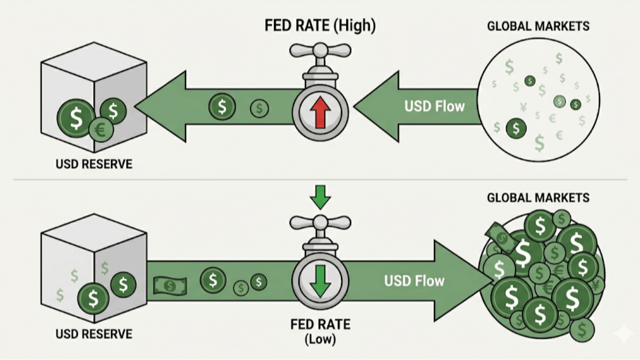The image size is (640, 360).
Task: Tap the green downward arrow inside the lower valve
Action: point(320,280)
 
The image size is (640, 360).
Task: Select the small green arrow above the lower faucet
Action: point(320,196)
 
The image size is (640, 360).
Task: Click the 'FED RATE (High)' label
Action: point(320,25)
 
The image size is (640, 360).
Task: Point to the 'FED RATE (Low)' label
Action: point(320,331)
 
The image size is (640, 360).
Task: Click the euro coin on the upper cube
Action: point(101,130)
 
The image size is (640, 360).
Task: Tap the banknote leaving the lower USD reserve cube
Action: point(169,285)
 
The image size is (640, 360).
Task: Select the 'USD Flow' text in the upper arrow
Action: point(434,106)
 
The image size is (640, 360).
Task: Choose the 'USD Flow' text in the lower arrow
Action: point(414,280)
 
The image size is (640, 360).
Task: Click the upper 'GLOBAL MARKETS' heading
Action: point(538,26)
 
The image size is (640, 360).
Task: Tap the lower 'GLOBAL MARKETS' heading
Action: point(538,197)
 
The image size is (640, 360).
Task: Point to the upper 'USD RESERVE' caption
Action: point(94,164)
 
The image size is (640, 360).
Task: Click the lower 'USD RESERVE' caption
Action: point(94,333)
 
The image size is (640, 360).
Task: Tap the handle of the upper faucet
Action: point(320,50)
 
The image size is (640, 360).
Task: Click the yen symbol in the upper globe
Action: point(523,106)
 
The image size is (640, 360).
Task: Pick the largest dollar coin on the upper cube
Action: point(76,117)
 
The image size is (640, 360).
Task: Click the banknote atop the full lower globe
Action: point(501,236)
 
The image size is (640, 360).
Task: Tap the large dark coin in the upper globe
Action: point(516,128)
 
